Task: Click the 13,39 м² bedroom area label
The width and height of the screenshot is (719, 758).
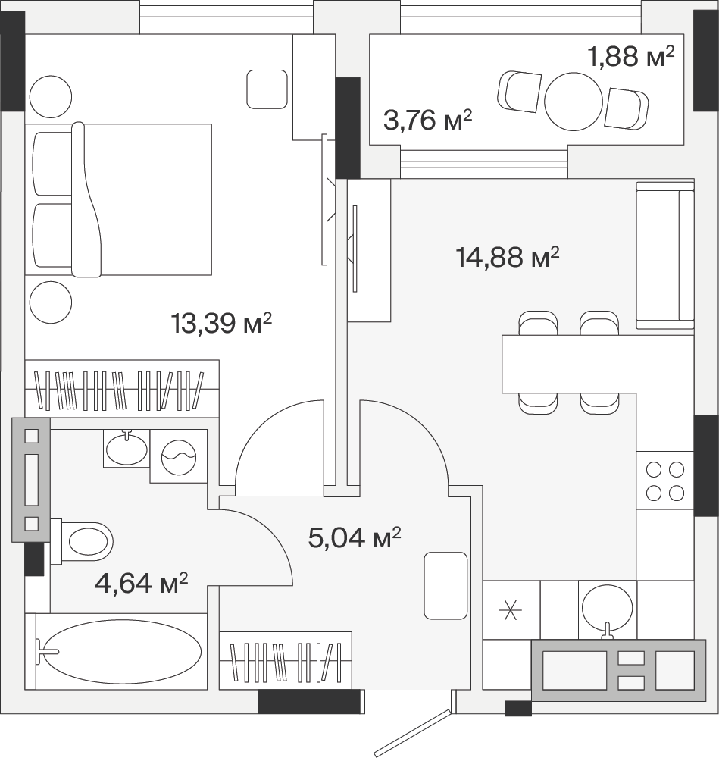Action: click(x=221, y=323)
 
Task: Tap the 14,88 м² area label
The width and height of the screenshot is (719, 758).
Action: click(x=508, y=257)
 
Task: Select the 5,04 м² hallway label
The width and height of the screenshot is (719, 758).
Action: click(x=355, y=537)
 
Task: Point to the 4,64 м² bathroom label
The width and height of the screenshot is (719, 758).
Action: click(x=141, y=582)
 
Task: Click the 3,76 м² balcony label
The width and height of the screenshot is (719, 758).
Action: click(x=427, y=120)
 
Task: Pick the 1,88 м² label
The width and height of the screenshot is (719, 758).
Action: click(x=630, y=56)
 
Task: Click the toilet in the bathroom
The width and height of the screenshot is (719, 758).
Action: click(x=82, y=541)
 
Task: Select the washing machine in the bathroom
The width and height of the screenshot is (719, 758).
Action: click(x=179, y=456)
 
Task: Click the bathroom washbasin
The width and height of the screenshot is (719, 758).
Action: click(x=127, y=448)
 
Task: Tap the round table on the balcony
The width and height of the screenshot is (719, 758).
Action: click(x=574, y=102)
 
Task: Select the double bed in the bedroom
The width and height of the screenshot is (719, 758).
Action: click(x=118, y=199)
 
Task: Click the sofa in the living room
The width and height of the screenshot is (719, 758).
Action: click(x=665, y=255)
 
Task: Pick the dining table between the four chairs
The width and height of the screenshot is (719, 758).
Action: click(x=568, y=364)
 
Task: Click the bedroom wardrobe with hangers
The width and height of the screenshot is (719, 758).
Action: click(x=122, y=389)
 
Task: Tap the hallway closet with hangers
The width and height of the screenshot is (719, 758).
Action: click(x=285, y=660)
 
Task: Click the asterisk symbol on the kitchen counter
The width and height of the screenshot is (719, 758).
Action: click(x=511, y=610)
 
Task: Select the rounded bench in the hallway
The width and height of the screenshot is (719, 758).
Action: click(x=445, y=586)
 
